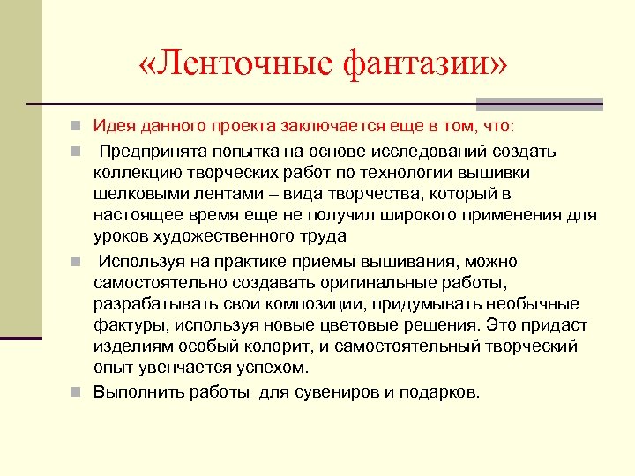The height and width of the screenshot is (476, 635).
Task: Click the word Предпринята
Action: point(148,152)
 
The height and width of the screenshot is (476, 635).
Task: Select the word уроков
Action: point(120,236)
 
